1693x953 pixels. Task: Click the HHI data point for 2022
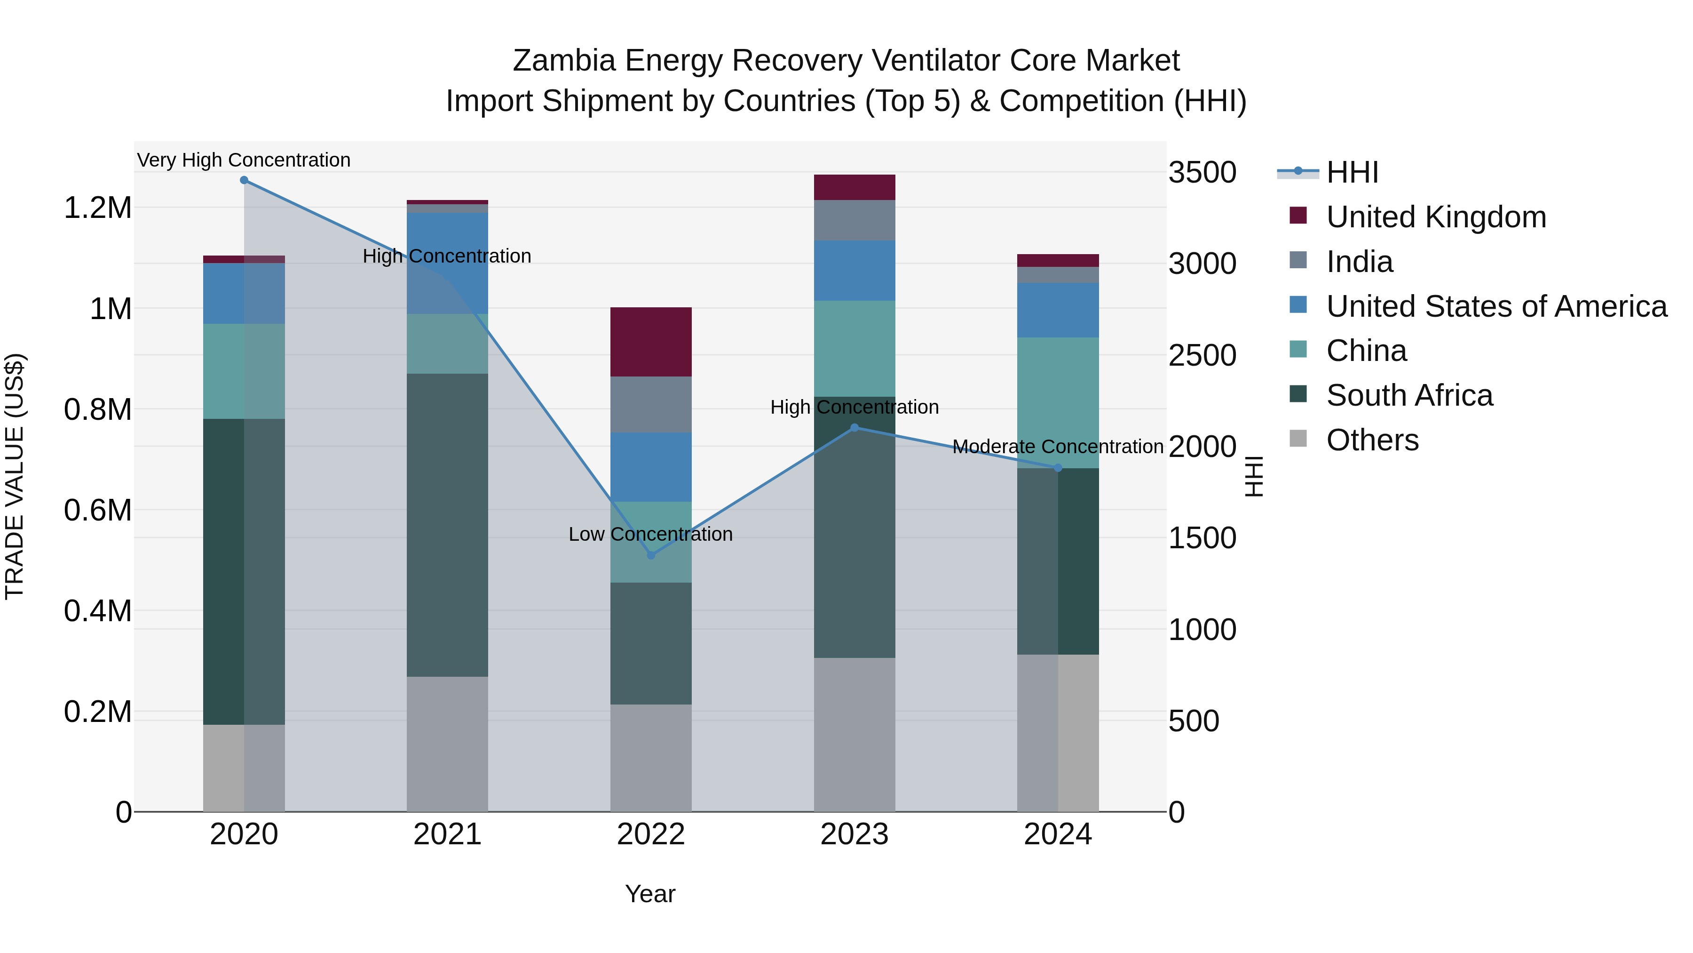[651, 555]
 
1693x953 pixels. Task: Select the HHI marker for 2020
[244, 180]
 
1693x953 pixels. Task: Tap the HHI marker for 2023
[854, 427]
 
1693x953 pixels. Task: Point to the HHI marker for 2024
[1058, 468]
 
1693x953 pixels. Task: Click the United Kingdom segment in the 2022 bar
[651, 342]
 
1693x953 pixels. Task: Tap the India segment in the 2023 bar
[854, 220]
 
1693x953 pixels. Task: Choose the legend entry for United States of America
[1496, 306]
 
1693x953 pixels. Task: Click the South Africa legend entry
[1409, 395]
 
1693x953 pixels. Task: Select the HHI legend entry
[1352, 172]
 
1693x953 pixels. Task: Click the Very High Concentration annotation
[244, 160]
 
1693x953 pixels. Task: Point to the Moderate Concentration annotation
[1058, 447]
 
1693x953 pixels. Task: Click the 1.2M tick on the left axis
[98, 208]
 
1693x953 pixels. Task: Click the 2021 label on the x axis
[447, 834]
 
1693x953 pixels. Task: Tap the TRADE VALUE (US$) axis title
[15, 476]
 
